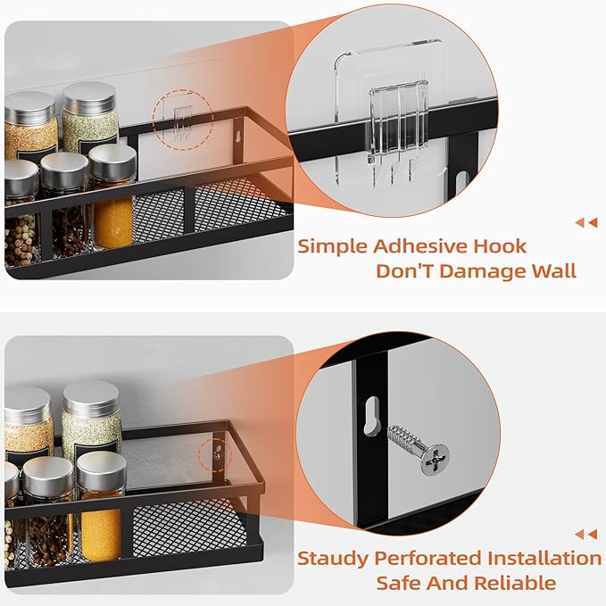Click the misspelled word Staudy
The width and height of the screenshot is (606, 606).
335,559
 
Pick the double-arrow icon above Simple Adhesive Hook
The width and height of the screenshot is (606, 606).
585,222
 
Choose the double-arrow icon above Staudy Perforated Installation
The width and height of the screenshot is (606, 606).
585,535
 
